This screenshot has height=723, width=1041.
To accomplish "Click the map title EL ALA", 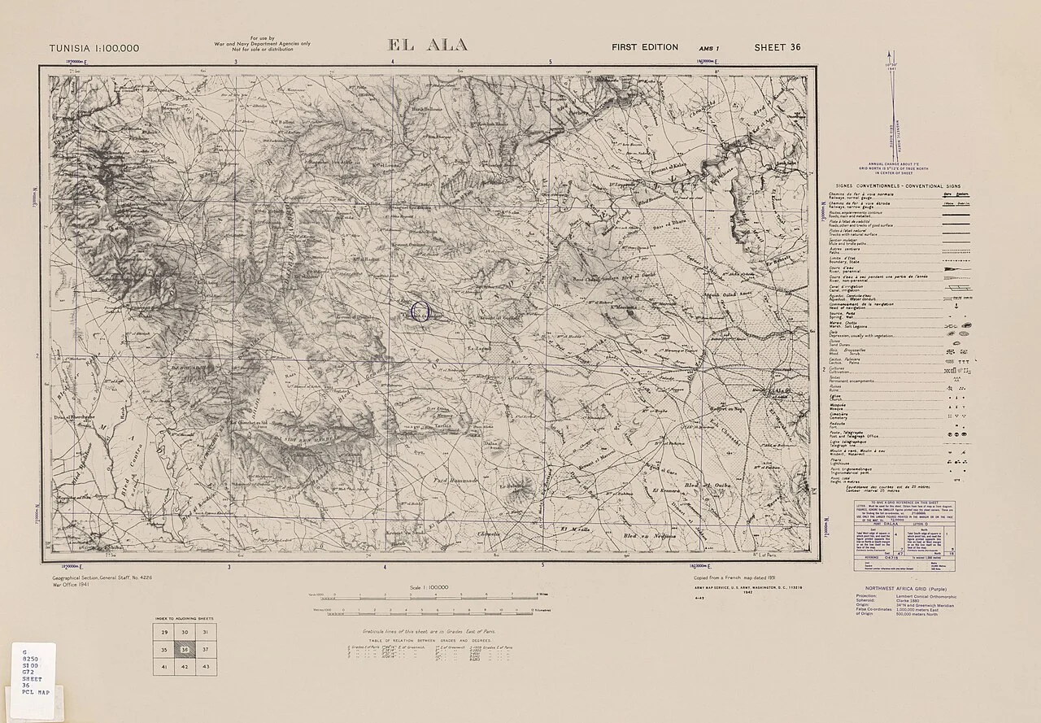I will [429, 46].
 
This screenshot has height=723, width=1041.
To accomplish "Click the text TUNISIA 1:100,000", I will [94, 48].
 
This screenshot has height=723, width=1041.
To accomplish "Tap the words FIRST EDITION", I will [644, 47].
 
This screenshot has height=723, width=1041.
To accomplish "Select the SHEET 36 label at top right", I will [777, 47].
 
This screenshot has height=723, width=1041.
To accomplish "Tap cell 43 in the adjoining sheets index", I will [206, 667].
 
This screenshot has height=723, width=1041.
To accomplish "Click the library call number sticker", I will [33, 672].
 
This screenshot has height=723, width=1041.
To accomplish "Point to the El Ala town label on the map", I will [779, 392].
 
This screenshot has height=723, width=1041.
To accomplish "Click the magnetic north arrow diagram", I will [892, 114].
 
